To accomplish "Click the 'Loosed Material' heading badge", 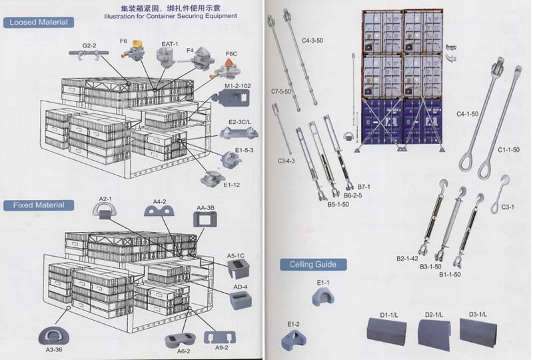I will (38, 23).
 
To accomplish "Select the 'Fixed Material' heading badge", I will (38, 205).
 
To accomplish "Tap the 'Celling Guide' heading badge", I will (313, 265).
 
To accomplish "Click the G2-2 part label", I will (90, 45).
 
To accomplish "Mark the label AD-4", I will (241, 287).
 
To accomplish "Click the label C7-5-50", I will (280, 91).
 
